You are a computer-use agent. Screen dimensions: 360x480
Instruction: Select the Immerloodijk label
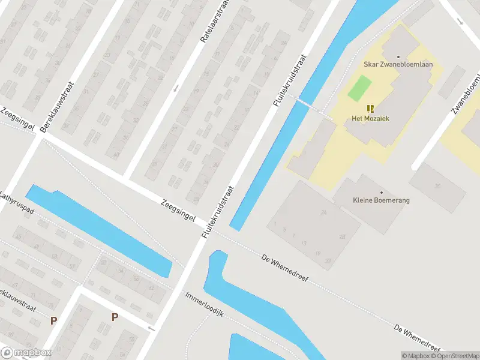coord(204,305)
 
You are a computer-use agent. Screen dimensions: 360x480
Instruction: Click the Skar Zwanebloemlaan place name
coord(398,65)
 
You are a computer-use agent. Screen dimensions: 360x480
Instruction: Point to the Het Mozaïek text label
coord(370,118)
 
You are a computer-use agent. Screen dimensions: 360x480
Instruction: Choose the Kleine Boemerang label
coord(381,200)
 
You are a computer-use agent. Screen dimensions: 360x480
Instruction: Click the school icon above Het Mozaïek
coord(370,108)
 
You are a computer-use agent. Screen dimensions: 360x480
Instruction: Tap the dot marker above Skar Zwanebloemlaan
coord(398,57)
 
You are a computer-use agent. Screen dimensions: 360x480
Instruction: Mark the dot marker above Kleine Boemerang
coord(381,192)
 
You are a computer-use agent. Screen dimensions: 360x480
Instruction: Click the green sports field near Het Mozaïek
coord(360,89)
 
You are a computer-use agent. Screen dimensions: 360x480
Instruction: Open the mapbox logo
coord(25,353)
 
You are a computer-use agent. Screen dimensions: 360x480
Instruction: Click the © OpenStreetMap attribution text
coord(454,356)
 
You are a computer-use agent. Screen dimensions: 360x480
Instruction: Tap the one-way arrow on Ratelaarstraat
coord(176,89)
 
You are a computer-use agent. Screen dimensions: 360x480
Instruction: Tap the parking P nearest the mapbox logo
coord(53,321)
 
